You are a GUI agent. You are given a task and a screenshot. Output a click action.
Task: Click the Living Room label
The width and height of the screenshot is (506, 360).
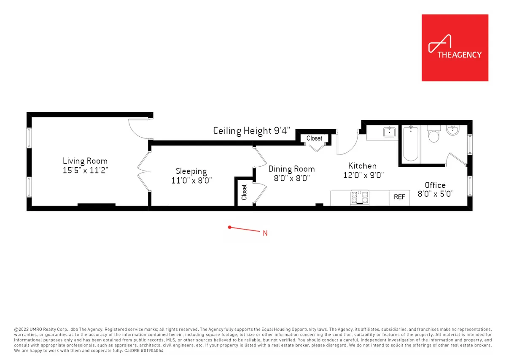tap(85, 161)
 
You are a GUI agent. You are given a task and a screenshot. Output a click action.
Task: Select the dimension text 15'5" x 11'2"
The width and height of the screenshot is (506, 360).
tap(85, 170)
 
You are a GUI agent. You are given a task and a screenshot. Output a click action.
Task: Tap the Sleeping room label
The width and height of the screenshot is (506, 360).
tap(191, 171)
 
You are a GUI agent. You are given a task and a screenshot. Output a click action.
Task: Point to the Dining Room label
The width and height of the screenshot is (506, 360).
tap(291, 169)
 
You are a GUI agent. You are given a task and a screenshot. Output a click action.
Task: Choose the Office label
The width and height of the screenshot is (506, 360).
tap(435, 185)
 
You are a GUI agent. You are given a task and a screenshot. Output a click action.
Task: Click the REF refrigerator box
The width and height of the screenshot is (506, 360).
tap(399, 197)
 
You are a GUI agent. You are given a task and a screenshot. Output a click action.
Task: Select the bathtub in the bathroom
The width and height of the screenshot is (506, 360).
tap(411, 144)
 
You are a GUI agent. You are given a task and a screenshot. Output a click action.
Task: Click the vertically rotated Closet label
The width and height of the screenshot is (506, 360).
tap(244, 192)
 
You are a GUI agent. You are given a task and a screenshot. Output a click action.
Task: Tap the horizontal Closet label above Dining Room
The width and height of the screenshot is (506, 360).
tap(314, 138)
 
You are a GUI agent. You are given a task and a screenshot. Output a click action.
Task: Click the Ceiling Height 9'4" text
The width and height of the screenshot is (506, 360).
tap(252, 131)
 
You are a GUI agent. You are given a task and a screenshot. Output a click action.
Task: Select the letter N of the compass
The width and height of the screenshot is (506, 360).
tap(265, 233)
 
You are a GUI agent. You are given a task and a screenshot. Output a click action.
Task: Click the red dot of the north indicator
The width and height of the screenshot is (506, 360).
tap(229, 227)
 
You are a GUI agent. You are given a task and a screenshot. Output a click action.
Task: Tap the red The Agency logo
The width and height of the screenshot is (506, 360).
tap(455, 48)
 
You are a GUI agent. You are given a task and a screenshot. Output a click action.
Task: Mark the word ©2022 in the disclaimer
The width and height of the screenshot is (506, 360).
tap(22, 329)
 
